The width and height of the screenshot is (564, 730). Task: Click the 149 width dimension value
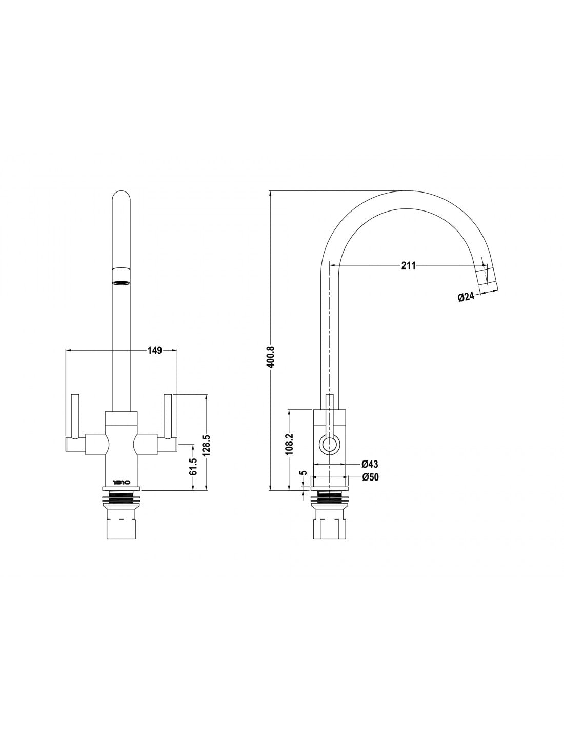155,351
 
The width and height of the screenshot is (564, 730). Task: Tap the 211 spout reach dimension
408,265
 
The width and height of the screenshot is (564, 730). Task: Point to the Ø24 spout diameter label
466,296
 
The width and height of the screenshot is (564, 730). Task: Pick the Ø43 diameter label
370,464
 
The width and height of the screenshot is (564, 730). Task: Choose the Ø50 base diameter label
370,477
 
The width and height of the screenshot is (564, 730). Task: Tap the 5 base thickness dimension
303,473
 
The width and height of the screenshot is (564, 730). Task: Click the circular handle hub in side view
329,443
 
